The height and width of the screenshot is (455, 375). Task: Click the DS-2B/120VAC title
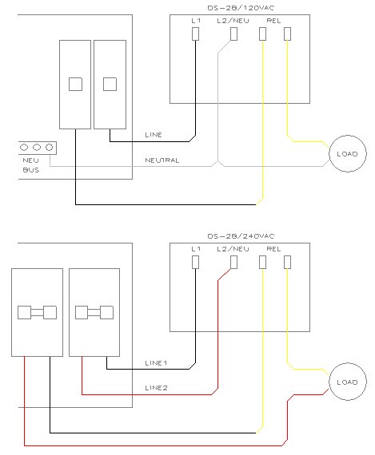[241, 8]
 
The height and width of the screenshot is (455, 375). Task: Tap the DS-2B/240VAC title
[241, 236]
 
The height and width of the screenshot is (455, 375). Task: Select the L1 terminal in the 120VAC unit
[196, 34]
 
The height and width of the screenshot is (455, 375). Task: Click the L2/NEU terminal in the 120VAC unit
[233, 34]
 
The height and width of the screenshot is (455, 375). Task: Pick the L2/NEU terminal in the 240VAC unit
[233, 262]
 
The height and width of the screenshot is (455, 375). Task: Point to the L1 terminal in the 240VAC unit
[196, 262]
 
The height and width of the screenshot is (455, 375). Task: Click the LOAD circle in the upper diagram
[348, 153]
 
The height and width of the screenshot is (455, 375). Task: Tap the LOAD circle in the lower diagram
[348, 382]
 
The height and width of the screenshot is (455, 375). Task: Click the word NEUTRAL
[162, 160]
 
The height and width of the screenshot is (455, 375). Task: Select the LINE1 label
[156, 363]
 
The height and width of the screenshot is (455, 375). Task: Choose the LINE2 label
[156, 388]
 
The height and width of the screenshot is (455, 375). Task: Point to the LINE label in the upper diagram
[154, 135]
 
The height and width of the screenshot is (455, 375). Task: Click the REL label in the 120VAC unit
[273, 21]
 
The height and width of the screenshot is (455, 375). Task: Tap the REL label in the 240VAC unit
[273, 249]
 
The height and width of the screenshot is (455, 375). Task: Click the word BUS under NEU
[31, 170]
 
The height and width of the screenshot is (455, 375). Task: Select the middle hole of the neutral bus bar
[37, 148]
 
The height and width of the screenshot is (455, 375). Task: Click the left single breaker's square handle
[76, 84]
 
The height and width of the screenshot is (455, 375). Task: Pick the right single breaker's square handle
[110, 84]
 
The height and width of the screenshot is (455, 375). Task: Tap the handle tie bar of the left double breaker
[38, 313]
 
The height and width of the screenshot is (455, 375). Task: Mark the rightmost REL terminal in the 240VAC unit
[287, 262]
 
